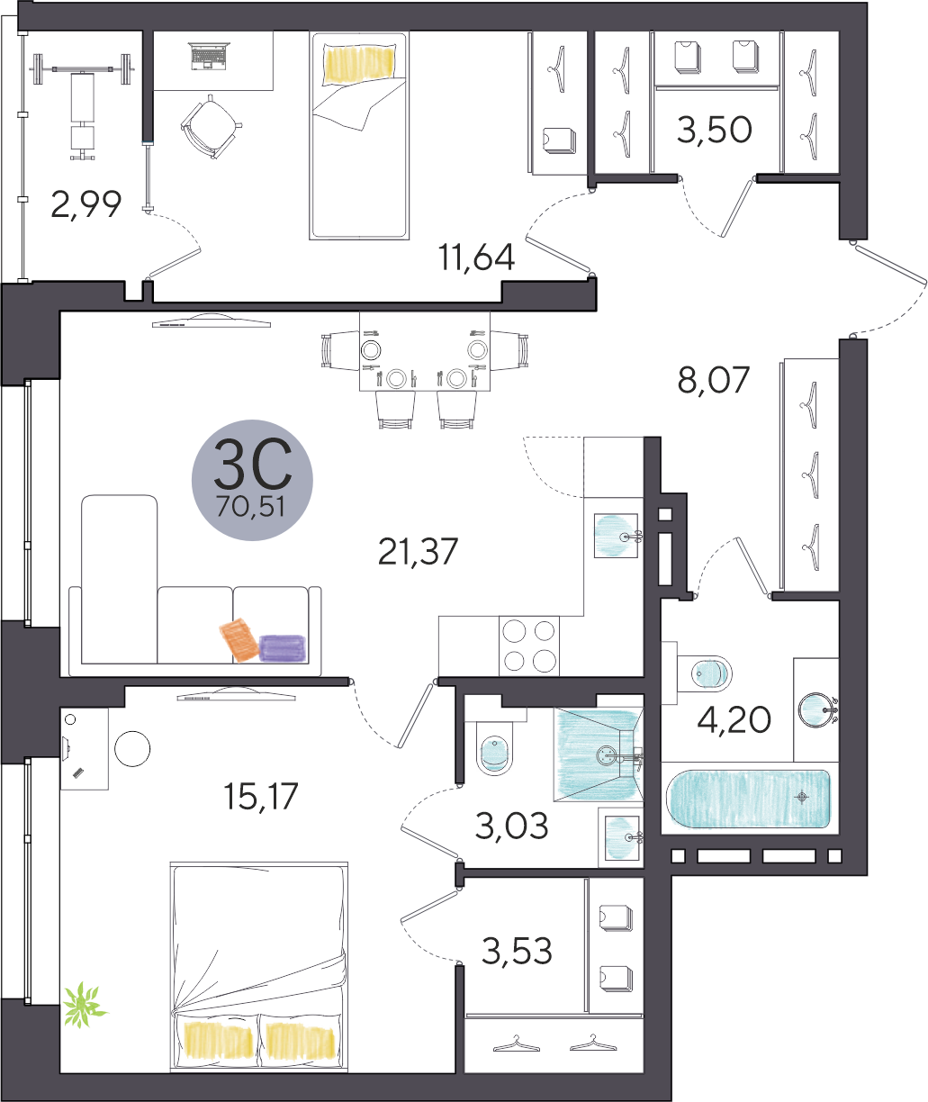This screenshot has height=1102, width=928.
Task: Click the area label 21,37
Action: point(418,552)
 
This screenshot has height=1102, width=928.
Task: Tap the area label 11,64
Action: point(476,257)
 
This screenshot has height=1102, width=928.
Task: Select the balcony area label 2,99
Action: point(86,203)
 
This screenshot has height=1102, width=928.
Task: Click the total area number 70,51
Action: point(250,507)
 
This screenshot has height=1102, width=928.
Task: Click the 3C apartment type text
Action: point(252,464)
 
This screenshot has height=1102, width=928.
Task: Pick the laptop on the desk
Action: point(211,56)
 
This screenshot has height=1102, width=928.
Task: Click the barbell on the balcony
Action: point(84,68)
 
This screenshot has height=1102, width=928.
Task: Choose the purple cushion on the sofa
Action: point(283,648)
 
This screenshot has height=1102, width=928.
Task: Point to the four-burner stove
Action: point(529,646)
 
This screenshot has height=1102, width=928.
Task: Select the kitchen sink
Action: point(616,535)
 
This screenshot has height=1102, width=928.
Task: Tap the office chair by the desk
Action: point(210,127)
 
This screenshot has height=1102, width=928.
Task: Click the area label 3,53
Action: point(517,950)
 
